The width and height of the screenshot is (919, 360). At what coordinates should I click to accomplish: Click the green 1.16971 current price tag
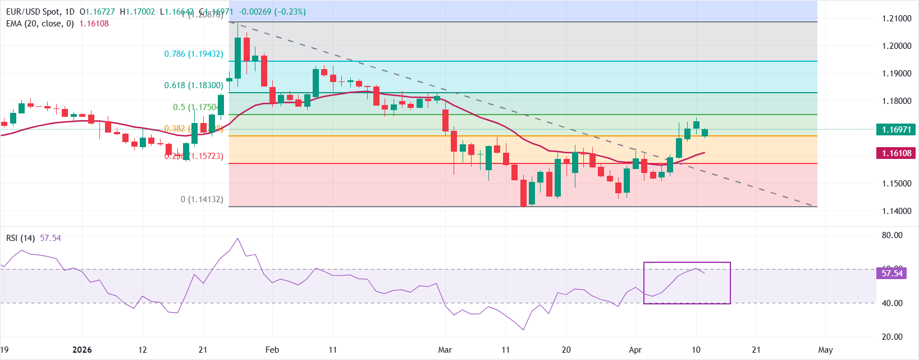coord(896,130)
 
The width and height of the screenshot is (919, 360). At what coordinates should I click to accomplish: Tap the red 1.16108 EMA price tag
coord(896,153)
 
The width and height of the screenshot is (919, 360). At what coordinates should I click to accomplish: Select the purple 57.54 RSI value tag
coord(891,274)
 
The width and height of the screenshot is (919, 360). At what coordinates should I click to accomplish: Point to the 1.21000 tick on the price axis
coord(897,19)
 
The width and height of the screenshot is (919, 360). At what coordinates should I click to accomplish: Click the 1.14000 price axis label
coord(897,211)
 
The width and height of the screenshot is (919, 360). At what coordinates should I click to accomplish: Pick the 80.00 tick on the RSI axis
coord(892,235)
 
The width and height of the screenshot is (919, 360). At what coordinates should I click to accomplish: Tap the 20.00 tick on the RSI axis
coord(892,337)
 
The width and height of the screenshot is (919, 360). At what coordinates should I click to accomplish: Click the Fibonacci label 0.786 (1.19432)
coord(194,54)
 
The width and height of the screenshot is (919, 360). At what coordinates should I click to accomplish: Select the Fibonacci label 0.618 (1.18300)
coord(194,85)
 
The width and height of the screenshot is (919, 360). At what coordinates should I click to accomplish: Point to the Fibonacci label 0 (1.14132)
coord(202,199)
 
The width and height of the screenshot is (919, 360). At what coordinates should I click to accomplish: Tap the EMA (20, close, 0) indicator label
coord(40,24)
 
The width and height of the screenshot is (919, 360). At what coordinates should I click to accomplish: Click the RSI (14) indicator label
coord(20,238)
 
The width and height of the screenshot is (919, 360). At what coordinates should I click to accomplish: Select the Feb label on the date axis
coord(272,350)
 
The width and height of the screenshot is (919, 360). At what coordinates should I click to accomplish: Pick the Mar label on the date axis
coord(445,350)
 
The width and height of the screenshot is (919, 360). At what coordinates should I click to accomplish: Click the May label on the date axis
coord(825,350)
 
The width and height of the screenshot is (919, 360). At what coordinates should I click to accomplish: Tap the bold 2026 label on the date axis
coord(82,350)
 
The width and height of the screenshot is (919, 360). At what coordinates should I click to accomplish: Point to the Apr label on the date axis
coord(635,350)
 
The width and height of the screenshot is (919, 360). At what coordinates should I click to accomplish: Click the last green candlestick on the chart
coord(705,133)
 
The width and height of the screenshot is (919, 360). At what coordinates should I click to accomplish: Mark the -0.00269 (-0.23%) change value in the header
coord(272,12)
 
